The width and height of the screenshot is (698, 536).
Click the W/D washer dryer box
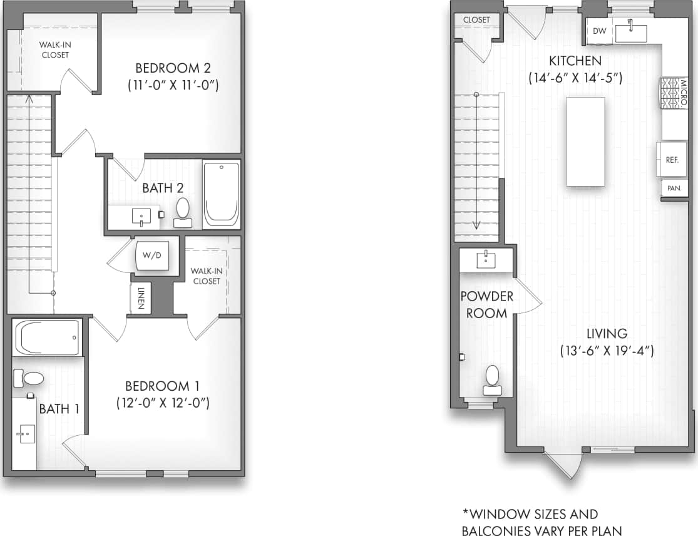point(153,255)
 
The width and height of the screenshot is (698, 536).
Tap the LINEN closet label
point(141,298)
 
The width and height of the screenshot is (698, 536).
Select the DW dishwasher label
point(599,31)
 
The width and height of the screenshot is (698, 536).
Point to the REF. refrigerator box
point(672,160)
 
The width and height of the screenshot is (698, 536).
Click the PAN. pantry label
point(674,188)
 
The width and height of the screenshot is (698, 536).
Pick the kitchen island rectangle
point(585,142)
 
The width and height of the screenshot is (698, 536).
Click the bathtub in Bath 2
point(221,194)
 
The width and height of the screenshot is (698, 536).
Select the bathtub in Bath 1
point(47,338)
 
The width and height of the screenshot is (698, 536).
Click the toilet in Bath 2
point(183,212)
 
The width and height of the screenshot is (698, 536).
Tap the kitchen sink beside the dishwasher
point(630,31)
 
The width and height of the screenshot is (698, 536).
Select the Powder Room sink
point(486,259)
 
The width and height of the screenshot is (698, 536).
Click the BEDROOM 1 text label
point(162,386)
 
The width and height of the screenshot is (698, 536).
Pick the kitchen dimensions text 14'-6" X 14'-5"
point(575,78)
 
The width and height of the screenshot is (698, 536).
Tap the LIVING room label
point(606,333)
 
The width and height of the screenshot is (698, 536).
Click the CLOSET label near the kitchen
point(476,20)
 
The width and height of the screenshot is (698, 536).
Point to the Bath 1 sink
point(26,433)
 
